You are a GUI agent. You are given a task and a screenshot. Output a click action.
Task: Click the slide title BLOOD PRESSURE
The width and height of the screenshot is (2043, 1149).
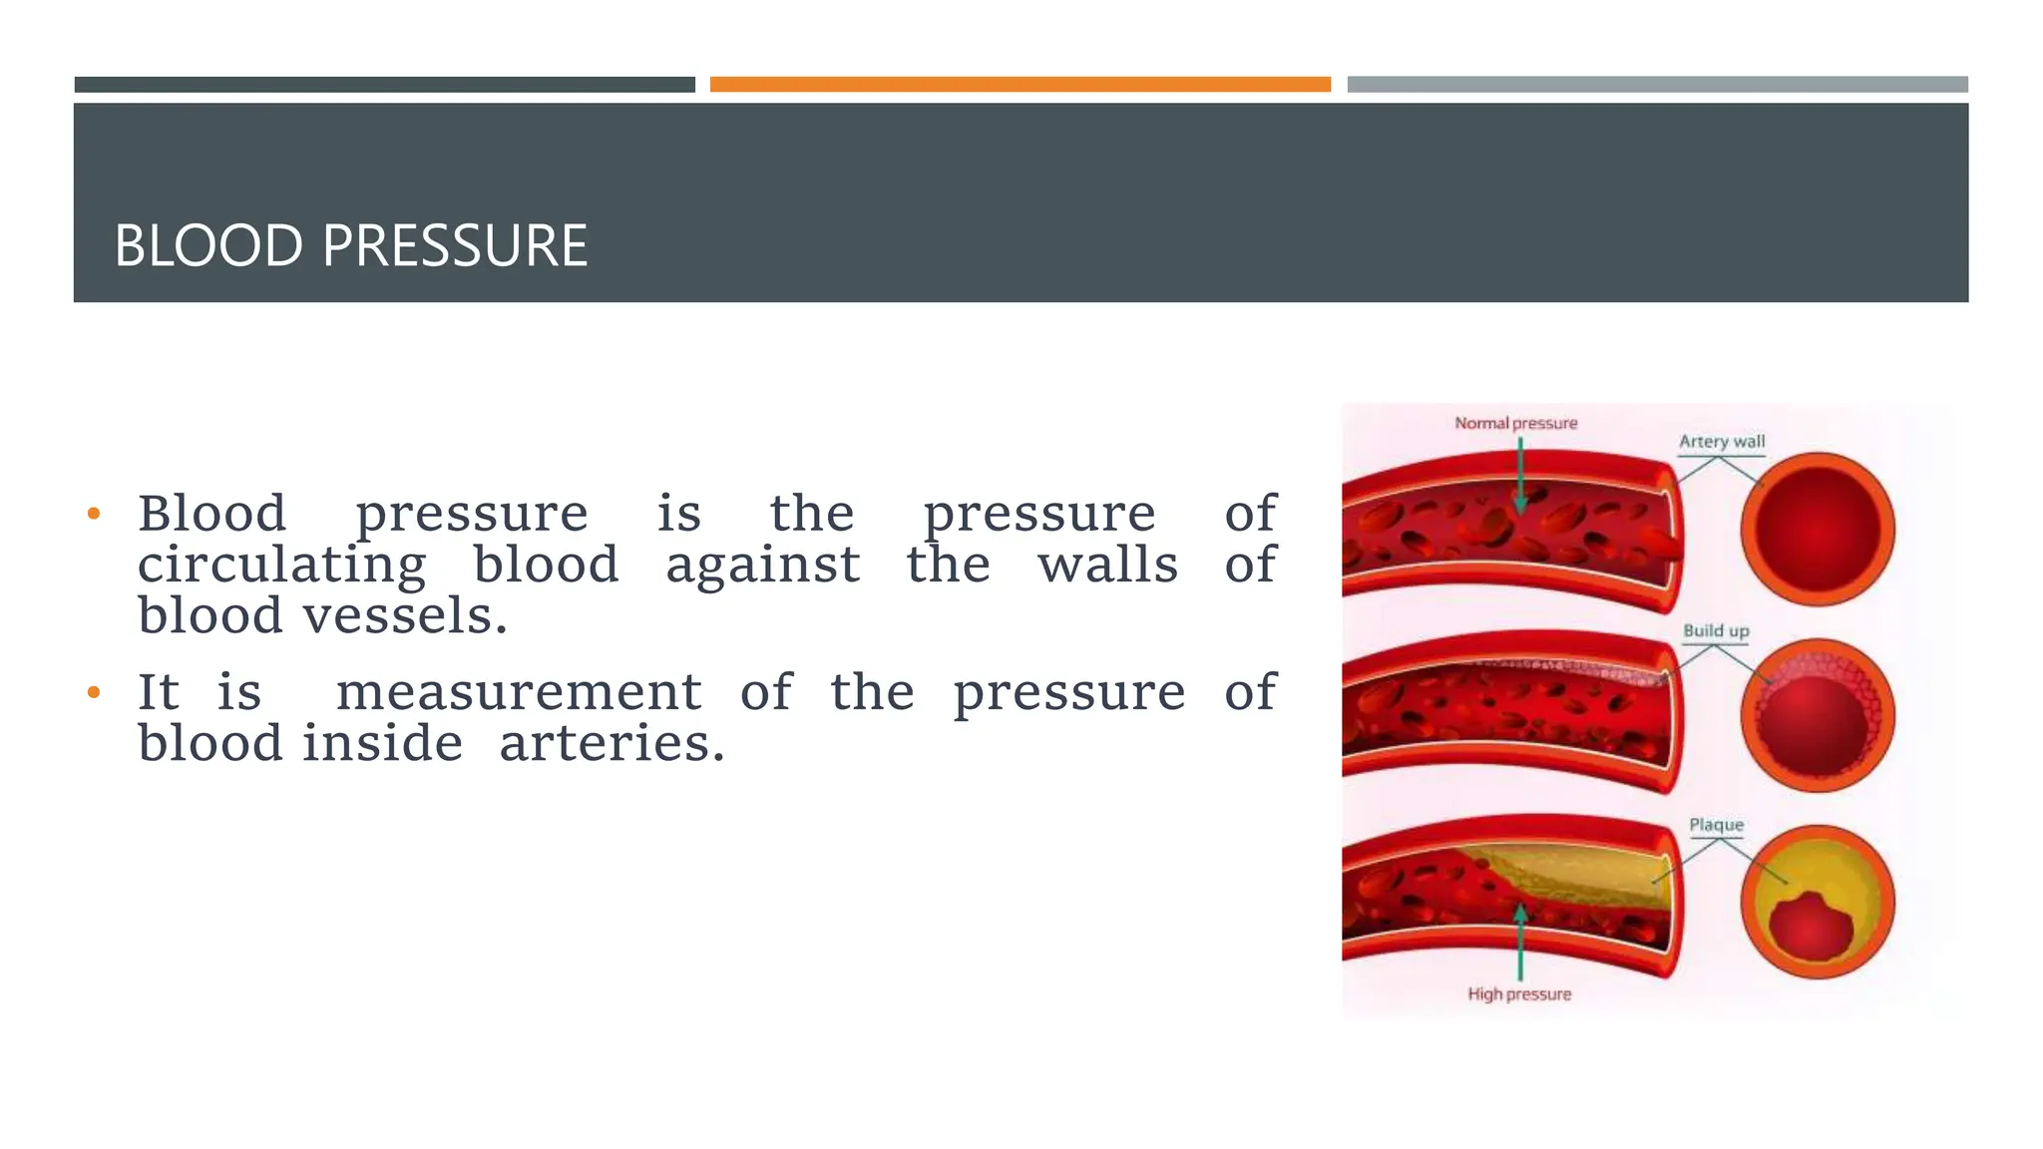click(x=350, y=245)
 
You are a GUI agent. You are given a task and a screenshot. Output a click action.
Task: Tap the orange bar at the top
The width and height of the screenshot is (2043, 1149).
click(x=1020, y=85)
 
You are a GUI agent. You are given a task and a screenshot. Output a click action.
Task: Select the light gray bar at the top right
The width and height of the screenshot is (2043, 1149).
click(x=1657, y=85)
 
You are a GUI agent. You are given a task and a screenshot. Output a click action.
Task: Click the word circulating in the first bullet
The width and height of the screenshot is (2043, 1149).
click(x=281, y=565)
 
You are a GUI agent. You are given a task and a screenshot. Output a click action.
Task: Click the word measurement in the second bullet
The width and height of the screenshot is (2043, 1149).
click(x=519, y=692)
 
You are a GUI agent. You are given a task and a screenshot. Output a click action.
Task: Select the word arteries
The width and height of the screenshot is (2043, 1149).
click(x=611, y=743)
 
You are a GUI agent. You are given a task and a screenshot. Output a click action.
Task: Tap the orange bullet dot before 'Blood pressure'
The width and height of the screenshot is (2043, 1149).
click(x=94, y=515)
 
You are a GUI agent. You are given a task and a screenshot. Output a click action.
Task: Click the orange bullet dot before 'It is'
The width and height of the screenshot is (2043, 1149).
click(x=94, y=692)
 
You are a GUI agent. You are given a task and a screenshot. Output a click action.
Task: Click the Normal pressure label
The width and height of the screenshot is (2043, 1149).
click(x=1515, y=423)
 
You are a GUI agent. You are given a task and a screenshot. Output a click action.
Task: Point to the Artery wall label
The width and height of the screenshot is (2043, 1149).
click(x=1721, y=441)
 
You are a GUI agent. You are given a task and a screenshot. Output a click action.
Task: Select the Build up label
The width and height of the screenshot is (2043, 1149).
click(x=1716, y=630)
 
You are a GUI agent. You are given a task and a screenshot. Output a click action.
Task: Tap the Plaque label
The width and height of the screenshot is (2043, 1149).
click(x=1716, y=825)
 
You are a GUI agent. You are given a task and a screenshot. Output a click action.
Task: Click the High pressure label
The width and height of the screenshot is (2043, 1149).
click(x=1518, y=993)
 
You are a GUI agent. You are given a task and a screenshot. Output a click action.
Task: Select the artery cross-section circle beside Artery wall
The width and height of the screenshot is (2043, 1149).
click(x=1817, y=529)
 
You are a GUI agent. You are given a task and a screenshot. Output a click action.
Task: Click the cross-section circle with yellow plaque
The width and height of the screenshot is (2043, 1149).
click(x=1817, y=902)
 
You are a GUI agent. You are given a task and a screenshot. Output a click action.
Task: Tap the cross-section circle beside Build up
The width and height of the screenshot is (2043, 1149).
click(x=1817, y=715)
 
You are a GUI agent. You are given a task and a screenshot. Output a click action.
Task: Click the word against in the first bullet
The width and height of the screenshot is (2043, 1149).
click(x=762, y=565)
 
